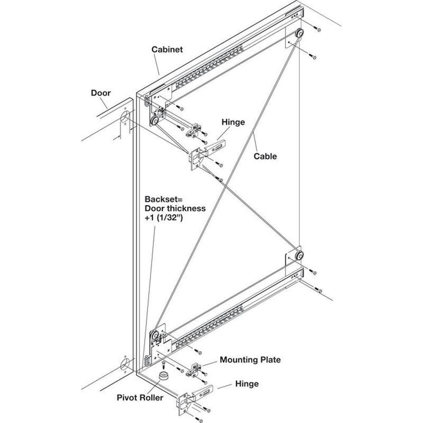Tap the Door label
(x=100, y=93)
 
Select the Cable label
(x=265, y=156)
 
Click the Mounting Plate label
(x=251, y=360)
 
